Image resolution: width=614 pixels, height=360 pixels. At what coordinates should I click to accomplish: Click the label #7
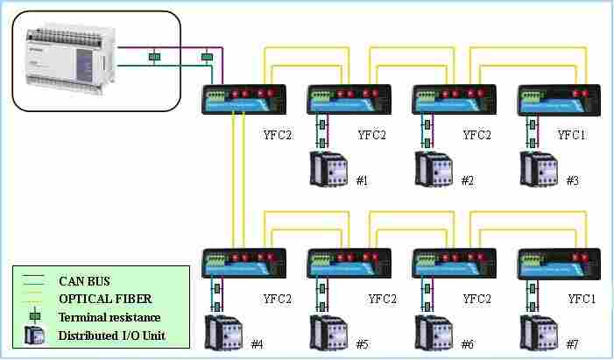tap(573, 343)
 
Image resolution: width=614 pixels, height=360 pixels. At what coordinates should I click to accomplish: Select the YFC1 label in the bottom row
tap(582, 299)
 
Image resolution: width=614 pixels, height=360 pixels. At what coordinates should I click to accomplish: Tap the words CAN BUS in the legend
tap(82, 282)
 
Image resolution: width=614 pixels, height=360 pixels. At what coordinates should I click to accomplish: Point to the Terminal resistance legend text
tap(109, 317)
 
